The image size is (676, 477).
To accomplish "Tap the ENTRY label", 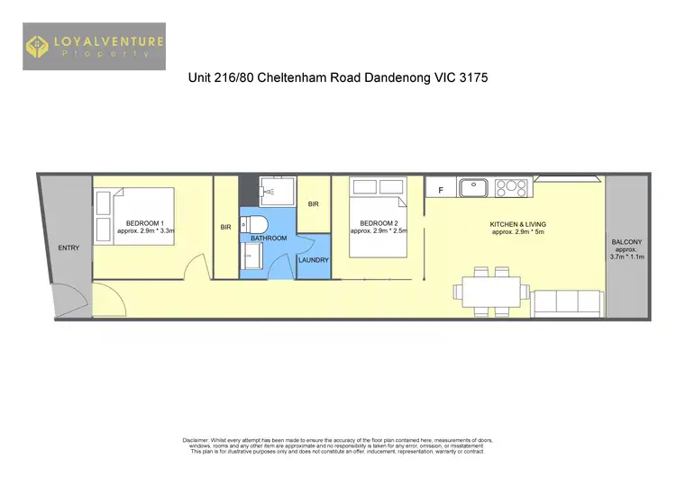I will click(68, 247).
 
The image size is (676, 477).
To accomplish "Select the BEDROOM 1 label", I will click(144, 223).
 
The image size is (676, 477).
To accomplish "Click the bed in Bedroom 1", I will click(135, 216).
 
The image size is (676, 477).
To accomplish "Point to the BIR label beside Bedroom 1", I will click(225, 228).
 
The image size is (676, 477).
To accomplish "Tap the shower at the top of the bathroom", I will click(271, 191).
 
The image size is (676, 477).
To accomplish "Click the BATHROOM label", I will click(269, 238).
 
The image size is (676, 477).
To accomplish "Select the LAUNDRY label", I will click(313, 260).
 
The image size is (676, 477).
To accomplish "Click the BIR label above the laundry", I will click(313, 204).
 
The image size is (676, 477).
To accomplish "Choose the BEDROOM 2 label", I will click(378, 223).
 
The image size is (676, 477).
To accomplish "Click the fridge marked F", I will click(441, 190).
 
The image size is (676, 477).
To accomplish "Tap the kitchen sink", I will click(473, 188).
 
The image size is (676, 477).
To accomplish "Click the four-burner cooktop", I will click(510, 188).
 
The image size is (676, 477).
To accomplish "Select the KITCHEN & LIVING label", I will click(517, 224).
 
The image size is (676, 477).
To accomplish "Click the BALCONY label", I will click(626, 242).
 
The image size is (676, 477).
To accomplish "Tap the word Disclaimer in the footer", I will click(196, 440).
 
